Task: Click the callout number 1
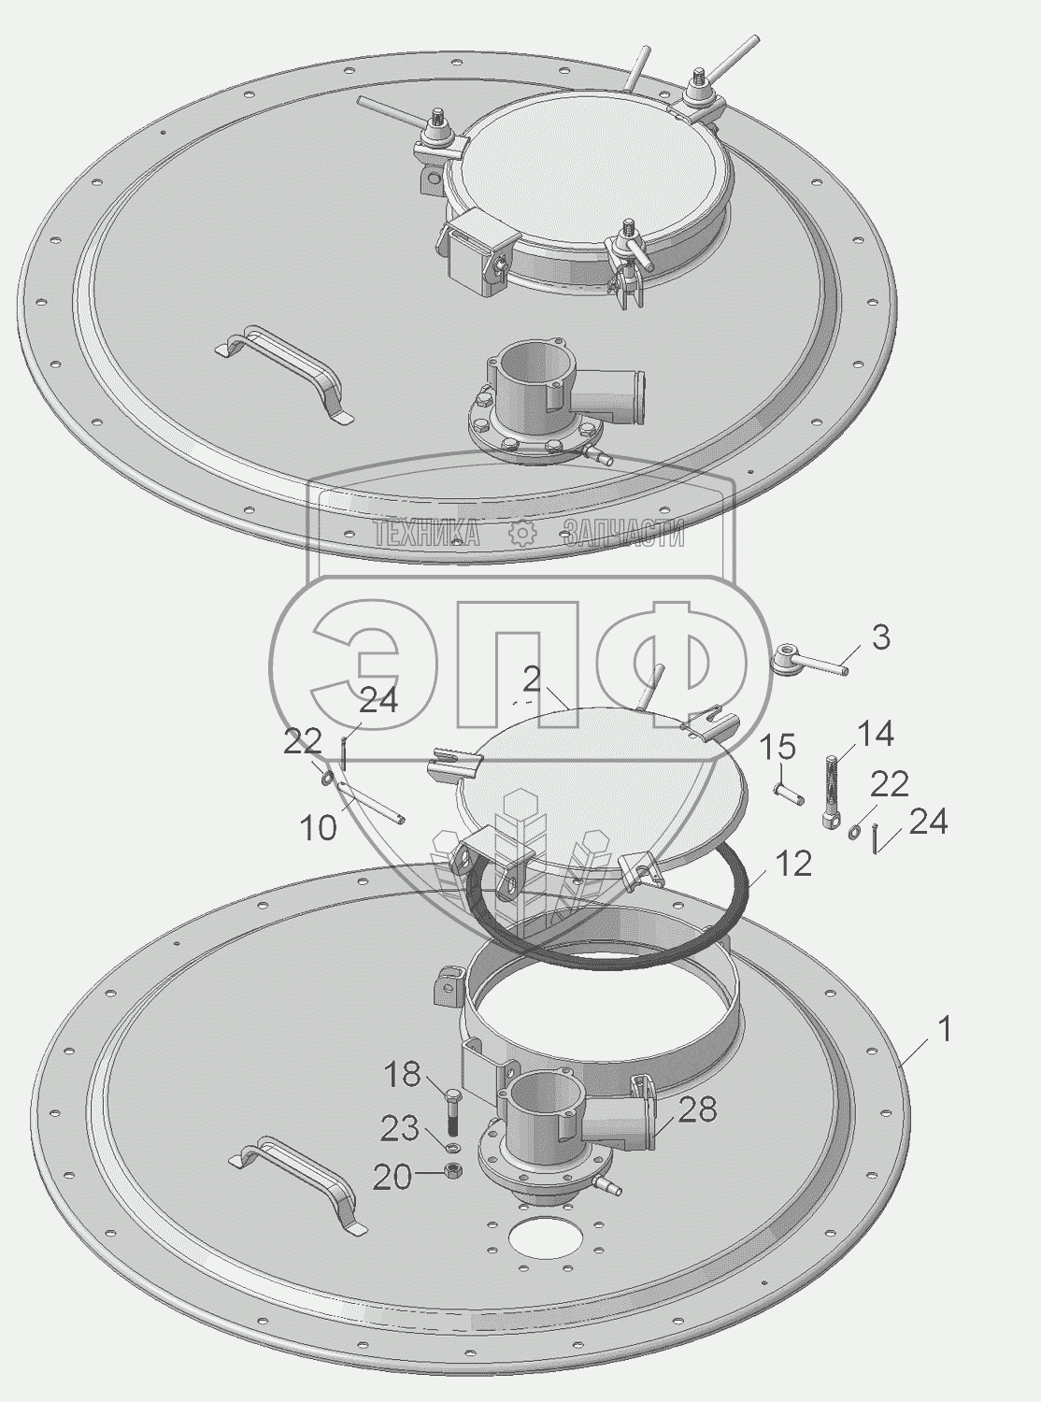coord(944,1030)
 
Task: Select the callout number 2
coord(533,680)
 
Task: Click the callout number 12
coord(792,864)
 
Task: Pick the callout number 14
coord(875,735)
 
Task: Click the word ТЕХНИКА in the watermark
coord(426,533)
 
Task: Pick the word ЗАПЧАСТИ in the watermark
coord(623,533)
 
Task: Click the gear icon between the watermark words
coord(522,534)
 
